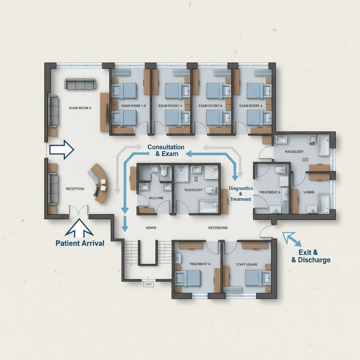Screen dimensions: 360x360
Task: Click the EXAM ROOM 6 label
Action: click(80, 108)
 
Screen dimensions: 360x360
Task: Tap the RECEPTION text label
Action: click(75, 189)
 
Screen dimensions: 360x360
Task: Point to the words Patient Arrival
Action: click(80, 243)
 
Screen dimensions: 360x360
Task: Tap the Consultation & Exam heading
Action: click(166, 150)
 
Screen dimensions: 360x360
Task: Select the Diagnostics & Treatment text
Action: click(241, 194)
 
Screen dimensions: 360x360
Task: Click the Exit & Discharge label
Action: click(311, 256)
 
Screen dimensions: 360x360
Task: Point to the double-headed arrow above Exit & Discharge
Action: click(292, 239)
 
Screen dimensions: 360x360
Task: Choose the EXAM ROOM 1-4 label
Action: click(171, 105)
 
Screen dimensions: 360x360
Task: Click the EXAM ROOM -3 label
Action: click(251, 105)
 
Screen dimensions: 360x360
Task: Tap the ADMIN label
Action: click(151, 228)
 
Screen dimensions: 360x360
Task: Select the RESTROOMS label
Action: click(218, 228)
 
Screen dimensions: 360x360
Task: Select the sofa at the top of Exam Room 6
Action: click(80, 84)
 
